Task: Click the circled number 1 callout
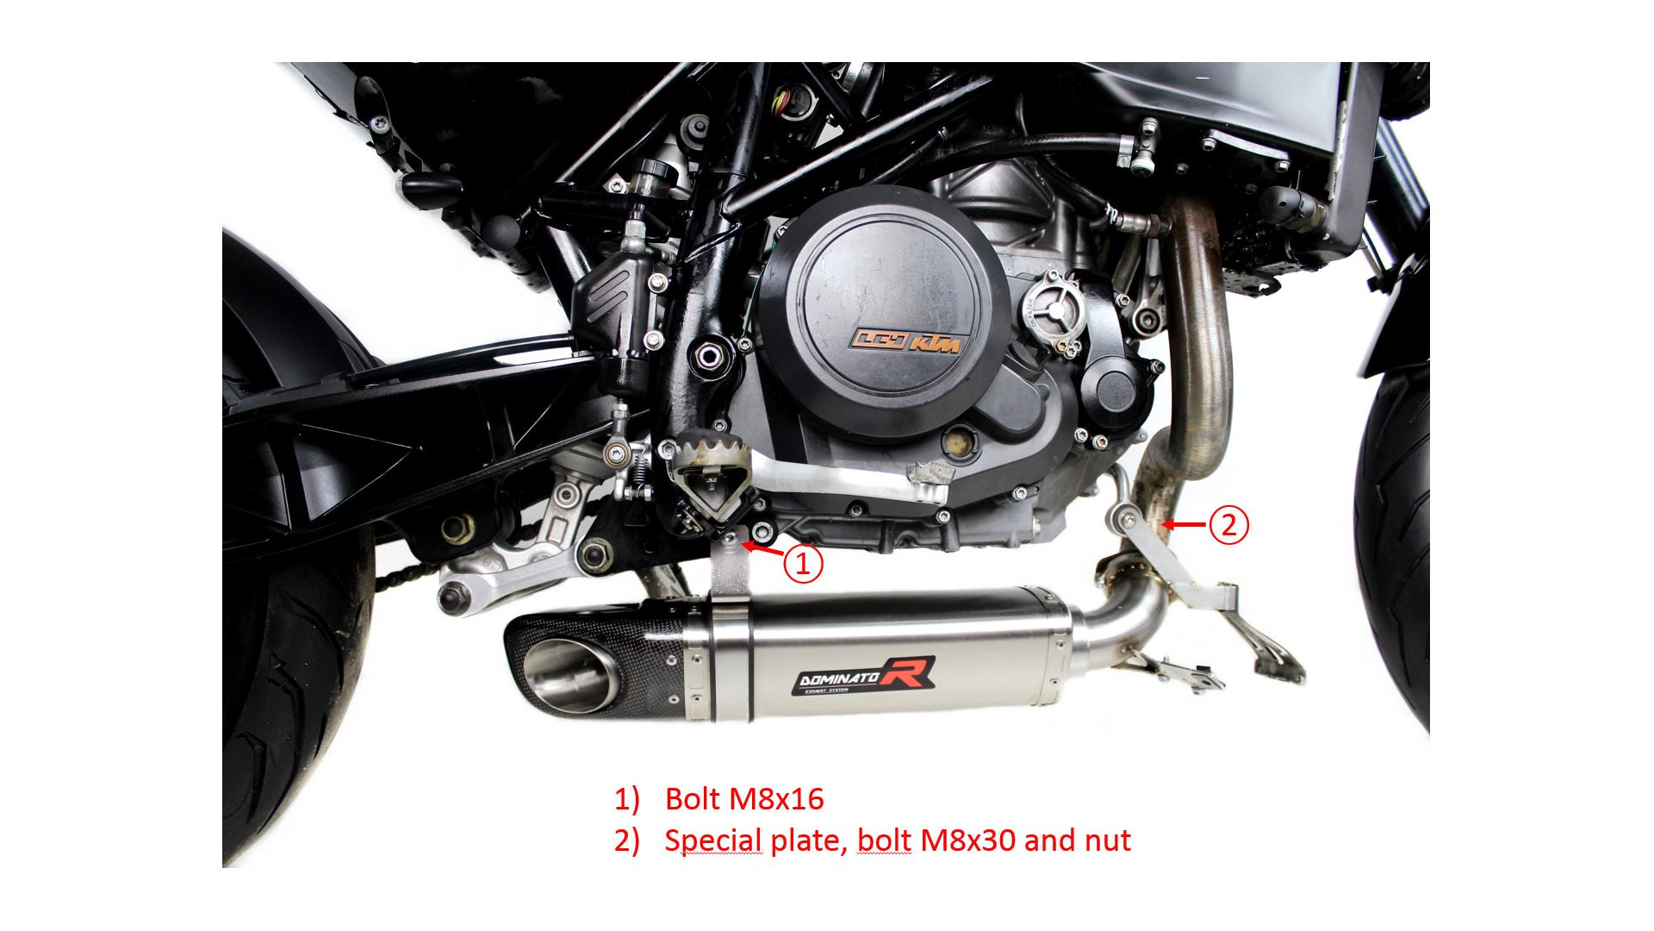pos(803,564)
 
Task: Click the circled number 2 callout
pos(1228,524)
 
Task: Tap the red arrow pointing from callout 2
pos(1185,524)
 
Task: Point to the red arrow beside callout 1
pos(763,548)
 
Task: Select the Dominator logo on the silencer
pos(865,674)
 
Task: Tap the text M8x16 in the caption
pos(776,799)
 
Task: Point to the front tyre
pos(1394,552)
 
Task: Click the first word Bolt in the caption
pos(693,799)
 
